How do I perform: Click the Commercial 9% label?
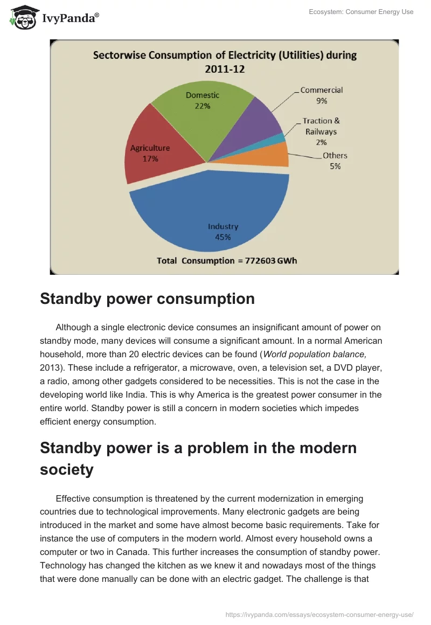(x=322, y=95)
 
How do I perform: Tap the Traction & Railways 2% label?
(x=321, y=131)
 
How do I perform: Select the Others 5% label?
(x=335, y=161)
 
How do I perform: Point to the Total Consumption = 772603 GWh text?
(x=227, y=260)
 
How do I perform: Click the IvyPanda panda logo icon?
(x=23, y=18)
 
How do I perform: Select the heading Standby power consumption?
(x=147, y=299)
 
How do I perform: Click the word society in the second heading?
(x=66, y=469)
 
